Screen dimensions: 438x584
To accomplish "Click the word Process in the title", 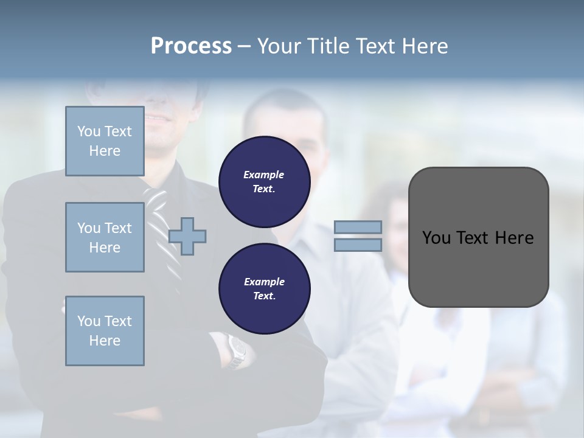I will pyautogui.click(x=191, y=46).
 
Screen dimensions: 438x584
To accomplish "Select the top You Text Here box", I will pyautogui.click(x=105, y=141).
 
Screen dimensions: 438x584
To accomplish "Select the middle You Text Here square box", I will pyautogui.click(x=105, y=237).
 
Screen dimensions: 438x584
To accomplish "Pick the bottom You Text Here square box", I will pyautogui.click(x=105, y=331).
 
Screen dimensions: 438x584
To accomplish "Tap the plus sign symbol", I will pyautogui.click(x=187, y=236).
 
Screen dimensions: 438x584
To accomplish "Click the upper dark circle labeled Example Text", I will pyautogui.click(x=264, y=182).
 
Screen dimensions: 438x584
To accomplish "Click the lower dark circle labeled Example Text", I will pyautogui.click(x=264, y=288).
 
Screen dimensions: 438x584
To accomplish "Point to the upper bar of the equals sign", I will pyautogui.click(x=358, y=227).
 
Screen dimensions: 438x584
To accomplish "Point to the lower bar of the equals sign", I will pyautogui.click(x=358, y=245).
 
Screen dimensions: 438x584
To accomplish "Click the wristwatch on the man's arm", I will pyautogui.click(x=236, y=351).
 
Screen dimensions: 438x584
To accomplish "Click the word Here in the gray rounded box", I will pyautogui.click(x=514, y=238).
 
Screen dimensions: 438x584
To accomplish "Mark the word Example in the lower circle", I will pyautogui.click(x=264, y=282).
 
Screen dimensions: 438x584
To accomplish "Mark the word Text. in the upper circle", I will pyautogui.click(x=264, y=189).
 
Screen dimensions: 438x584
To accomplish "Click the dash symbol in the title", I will pyautogui.click(x=244, y=46).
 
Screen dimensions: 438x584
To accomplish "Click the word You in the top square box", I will pyautogui.click(x=88, y=131).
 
